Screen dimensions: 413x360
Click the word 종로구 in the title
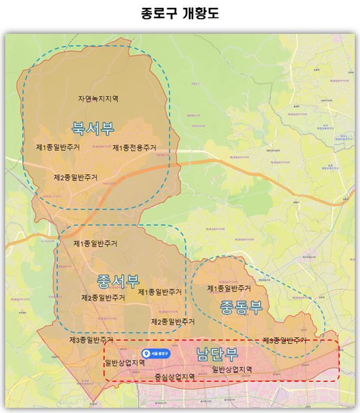(x=160, y=13)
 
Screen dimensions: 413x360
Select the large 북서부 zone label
(x=93, y=127)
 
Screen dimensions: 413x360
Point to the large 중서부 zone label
(x=117, y=280)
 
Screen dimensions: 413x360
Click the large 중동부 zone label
(x=241, y=307)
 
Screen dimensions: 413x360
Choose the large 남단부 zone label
(x=216, y=354)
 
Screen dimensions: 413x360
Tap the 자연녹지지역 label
(x=98, y=98)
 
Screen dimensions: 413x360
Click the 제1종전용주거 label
(x=134, y=148)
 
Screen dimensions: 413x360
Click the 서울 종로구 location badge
(x=156, y=354)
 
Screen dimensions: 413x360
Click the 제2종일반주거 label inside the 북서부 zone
(x=76, y=177)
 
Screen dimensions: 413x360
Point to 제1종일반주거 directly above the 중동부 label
(x=228, y=289)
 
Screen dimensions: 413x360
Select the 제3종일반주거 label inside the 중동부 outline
(x=285, y=341)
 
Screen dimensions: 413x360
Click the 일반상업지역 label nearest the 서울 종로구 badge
(x=124, y=363)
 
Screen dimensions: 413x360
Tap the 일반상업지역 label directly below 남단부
(x=232, y=369)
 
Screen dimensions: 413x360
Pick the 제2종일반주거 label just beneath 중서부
(x=103, y=297)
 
